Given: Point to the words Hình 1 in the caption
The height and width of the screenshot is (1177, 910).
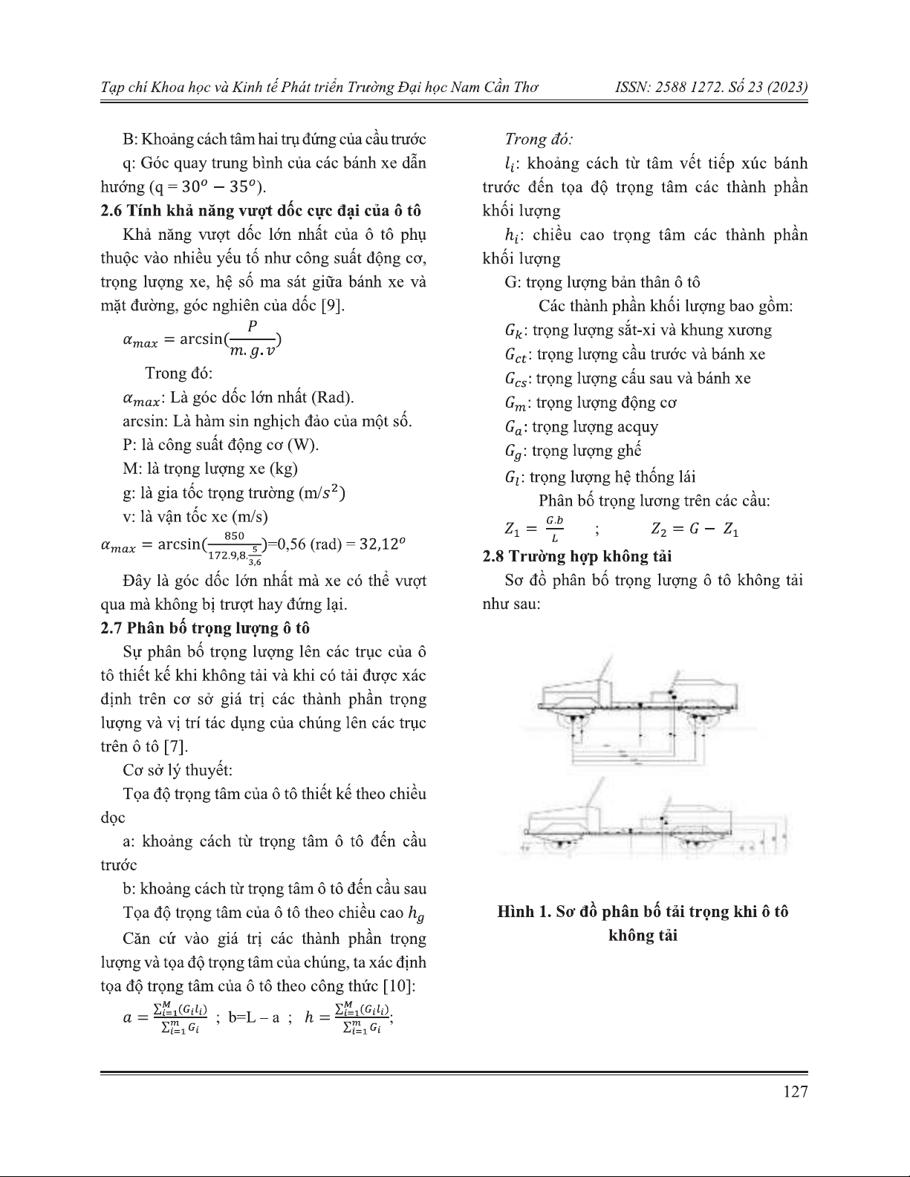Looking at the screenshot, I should [x=523, y=911].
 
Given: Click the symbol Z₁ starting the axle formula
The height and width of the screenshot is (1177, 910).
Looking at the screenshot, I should [x=512, y=529].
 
